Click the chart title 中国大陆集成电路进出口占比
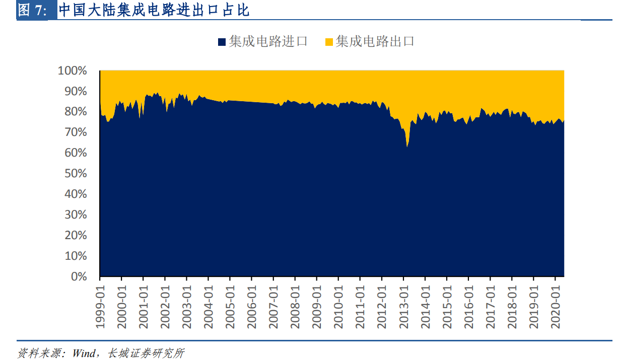click(154, 10)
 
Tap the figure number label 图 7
click(32, 11)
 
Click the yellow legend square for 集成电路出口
click(329, 42)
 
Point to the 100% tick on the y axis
click(73, 71)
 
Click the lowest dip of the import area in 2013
click(407, 147)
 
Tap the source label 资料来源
click(38, 353)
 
